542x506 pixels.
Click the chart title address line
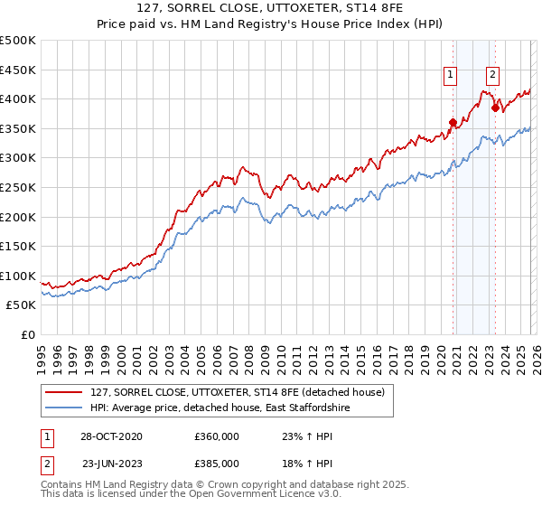(271, 10)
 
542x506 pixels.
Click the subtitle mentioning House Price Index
(271, 25)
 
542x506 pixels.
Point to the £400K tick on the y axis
(19, 98)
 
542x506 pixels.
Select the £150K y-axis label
(19, 246)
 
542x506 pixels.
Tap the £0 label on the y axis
(28, 334)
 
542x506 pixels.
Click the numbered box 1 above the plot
(450, 76)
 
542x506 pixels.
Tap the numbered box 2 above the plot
(493, 76)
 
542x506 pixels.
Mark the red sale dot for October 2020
(453, 123)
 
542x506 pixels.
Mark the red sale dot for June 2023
(495, 108)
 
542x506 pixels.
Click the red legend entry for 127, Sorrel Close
(238, 392)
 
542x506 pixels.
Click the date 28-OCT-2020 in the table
(105, 436)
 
